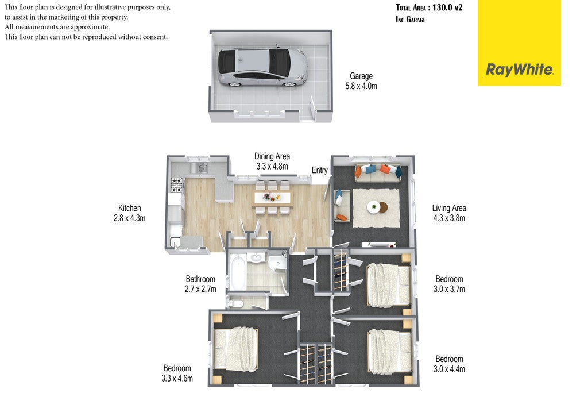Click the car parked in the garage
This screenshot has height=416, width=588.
pyautogui.click(x=263, y=67)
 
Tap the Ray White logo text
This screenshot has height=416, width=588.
pyautogui.click(x=519, y=70)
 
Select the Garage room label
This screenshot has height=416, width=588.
pyautogui.click(x=361, y=76)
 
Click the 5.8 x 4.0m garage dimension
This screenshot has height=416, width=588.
pyautogui.click(x=361, y=86)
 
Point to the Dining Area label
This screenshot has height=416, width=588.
pyautogui.click(x=272, y=156)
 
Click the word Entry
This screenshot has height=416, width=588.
pyautogui.click(x=319, y=170)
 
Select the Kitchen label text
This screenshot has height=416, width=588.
pyautogui.click(x=129, y=208)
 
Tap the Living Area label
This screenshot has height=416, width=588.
pyautogui.click(x=449, y=208)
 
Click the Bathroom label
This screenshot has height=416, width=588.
pyautogui.click(x=200, y=279)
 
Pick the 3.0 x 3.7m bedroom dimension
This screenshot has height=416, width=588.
pyautogui.click(x=449, y=289)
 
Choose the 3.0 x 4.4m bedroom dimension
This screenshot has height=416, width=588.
pyautogui.click(x=449, y=369)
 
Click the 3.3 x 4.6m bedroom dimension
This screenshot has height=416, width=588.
pyautogui.click(x=177, y=379)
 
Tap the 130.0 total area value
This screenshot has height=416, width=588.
pyautogui.click(x=443, y=7)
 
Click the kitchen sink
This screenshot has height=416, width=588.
pyautogui.click(x=202, y=168)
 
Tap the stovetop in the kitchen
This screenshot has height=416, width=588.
pyautogui.click(x=177, y=185)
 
